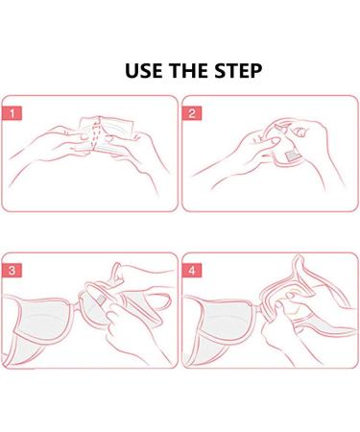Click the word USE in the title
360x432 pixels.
[144, 71]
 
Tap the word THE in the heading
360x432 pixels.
[189, 71]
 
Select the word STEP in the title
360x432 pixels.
[238, 71]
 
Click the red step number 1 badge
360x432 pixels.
[12, 113]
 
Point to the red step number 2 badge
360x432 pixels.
[192, 113]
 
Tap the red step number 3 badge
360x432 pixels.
[12, 271]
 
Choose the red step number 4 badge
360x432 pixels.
[192, 271]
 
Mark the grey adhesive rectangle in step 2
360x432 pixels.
[293, 156]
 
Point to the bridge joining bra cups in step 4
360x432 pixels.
[258, 309]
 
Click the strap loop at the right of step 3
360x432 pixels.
[163, 301]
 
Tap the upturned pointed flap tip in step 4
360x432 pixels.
[299, 256]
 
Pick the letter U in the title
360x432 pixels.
[131, 71]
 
